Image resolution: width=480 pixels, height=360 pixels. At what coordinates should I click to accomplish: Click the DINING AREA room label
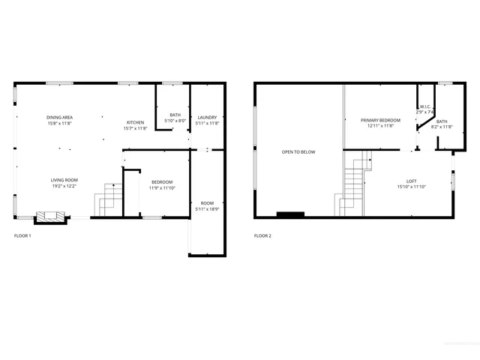point(59,118)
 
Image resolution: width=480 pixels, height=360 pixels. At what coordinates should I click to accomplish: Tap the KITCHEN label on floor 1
point(135,122)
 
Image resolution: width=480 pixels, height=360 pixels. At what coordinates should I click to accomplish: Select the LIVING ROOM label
point(64,180)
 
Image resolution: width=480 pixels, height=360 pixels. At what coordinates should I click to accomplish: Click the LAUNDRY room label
point(207,118)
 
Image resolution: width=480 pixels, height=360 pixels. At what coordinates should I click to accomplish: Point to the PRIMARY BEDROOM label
point(380,120)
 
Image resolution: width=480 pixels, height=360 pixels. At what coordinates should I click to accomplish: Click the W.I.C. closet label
point(424,106)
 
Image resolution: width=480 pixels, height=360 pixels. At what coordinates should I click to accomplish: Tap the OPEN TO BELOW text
point(298,152)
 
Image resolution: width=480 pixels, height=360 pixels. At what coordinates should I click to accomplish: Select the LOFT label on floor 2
point(411,181)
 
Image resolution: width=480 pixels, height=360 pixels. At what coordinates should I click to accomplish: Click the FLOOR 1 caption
point(22,235)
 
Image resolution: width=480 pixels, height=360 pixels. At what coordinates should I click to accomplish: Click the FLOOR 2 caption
point(262,235)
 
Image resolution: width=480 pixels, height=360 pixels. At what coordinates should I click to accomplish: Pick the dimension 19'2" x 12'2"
point(64,186)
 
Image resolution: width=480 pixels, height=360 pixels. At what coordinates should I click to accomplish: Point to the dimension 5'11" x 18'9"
point(207,208)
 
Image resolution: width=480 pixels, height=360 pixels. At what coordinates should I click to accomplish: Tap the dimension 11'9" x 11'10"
point(162,187)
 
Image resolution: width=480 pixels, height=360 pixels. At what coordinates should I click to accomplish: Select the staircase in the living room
point(107,199)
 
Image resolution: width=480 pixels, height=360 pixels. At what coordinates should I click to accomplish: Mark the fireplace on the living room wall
point(52,216)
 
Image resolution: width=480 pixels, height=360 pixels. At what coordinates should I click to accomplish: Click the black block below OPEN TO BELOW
point(290,214)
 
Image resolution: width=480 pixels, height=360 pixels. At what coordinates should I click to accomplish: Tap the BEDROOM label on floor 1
point(162,181)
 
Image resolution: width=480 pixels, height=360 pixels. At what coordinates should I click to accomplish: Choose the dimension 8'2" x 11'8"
point(442,127)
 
